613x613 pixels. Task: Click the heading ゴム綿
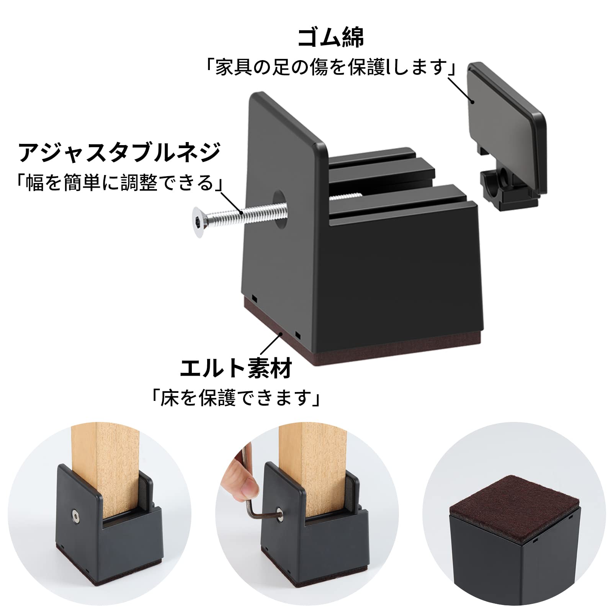pos(331,37)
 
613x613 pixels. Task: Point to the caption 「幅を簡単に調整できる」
pos(119,183)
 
